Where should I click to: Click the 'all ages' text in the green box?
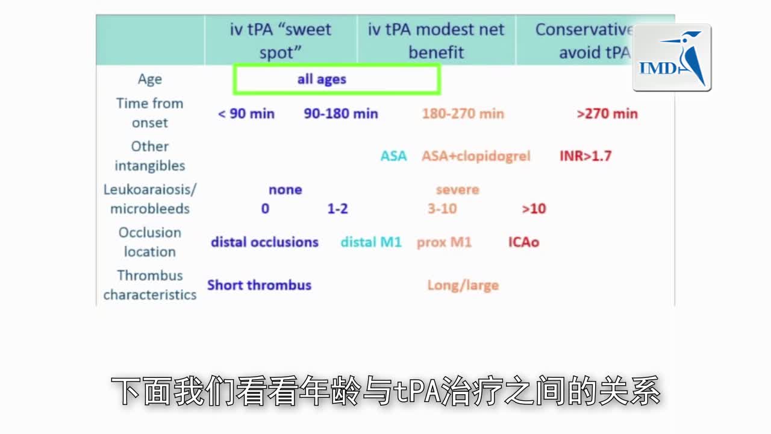(322, 80)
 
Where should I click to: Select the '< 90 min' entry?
(246, 113)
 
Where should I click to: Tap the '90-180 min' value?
(341, 113)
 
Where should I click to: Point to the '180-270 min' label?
(463, 113)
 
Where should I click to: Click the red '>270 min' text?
(607, 113)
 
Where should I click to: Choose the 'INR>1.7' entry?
(585, 156)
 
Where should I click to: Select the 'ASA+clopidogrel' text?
(476, 156)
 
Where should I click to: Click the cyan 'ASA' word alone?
(393, 156)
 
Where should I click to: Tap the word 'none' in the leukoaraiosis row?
(286, 190)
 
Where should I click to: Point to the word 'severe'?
(457, 190)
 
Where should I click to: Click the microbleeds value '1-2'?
(337, 209)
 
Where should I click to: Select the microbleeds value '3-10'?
(442, 209)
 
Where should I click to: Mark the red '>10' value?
(534, 209)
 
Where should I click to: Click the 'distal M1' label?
(371, 242)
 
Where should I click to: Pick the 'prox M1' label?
(444, 242)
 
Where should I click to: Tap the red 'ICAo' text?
(523, 242)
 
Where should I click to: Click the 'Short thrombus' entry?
(259, 285)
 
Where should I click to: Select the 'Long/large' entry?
(463, 285)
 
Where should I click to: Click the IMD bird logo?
(672, 58)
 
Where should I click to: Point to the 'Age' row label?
(149, 80)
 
